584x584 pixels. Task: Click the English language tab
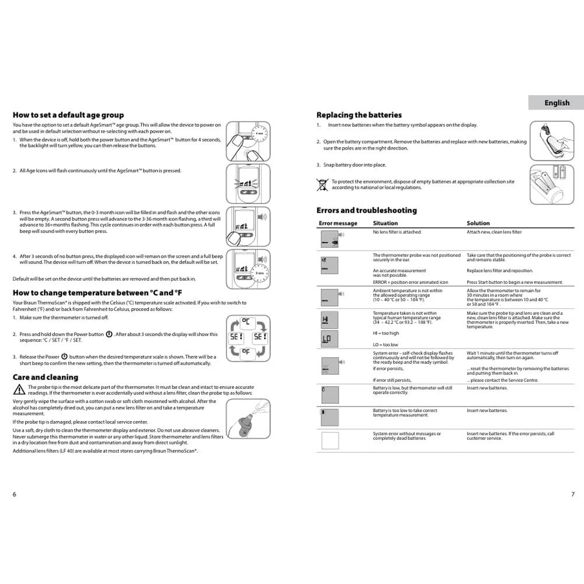[x=557, y=103]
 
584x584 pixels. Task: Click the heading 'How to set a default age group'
[x=68, y=115]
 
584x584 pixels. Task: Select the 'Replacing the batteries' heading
[x=359, y=115]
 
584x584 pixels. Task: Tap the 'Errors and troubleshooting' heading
[x=367, y=210]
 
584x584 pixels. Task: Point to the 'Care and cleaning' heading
[x=46, y=377]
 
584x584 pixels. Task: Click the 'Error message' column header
[x=338, y=223]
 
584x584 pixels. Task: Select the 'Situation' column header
[x=385, y=223]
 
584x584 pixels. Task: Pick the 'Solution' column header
[x=478, y=223]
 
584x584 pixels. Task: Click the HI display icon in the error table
[x=326, y=319]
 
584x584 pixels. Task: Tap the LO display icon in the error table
[x=326, y=338]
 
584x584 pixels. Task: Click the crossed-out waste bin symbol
[x=322, y=185]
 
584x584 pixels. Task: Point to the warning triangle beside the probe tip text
[x=19, y=390]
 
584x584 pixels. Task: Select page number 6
[x=15, y=494]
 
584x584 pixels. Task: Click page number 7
[x=573, y=494]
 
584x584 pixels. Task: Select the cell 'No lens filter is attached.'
[x=397, y=232]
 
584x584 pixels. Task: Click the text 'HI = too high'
[x=386, y=333]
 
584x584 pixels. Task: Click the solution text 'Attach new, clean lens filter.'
[x=494, y=232]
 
